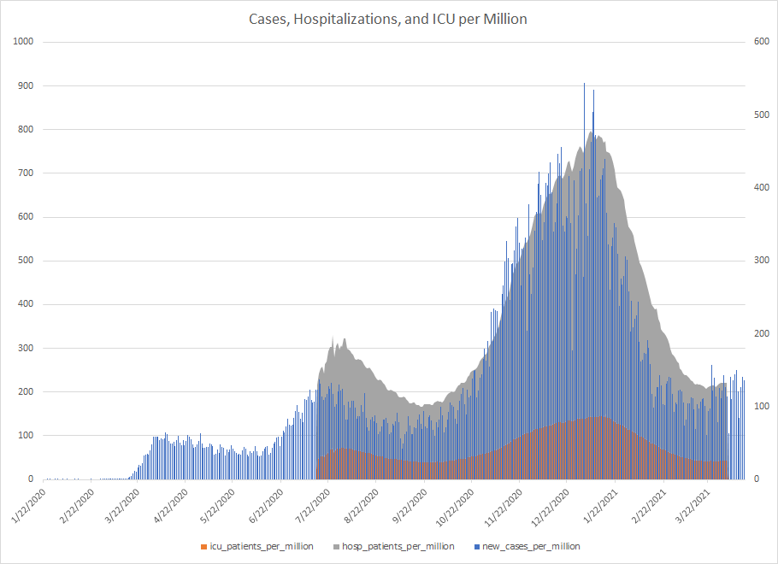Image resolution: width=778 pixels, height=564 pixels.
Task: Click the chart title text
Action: click(x=388, y=19)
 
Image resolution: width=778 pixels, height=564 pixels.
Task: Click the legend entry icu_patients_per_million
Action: click(x=261, y=546)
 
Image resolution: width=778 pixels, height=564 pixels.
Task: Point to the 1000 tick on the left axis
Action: click(x=22, y=42)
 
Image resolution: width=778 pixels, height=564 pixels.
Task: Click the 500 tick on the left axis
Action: click(x=25, y=261)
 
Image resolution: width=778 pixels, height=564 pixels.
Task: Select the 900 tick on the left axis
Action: click(x=25, y=85)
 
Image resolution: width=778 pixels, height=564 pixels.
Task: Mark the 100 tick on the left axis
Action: click(x=25, y=436)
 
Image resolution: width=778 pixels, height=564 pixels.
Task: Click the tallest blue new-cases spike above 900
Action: click(x=584, y=85)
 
